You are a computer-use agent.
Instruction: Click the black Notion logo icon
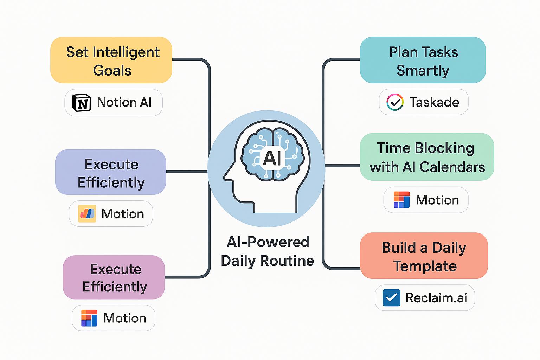pos(82,103)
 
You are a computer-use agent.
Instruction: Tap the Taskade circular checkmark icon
pos(395,102)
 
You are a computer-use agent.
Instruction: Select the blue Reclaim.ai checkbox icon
pos(392,297)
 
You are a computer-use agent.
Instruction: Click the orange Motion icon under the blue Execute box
pos(87,214)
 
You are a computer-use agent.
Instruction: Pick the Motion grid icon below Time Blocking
pos(401,200)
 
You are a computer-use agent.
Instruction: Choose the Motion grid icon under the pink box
pos(89,318)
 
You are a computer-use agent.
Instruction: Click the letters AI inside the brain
pos(272,159)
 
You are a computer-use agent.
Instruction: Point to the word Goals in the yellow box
pos(112,71)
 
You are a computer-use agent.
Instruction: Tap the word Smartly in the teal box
pos(423,71)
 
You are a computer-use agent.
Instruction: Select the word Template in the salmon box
pos(425,266)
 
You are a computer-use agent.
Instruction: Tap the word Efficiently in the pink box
pos(115,287)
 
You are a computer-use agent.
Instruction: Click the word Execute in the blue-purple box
pos(111,165)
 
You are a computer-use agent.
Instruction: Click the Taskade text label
pos(435,102)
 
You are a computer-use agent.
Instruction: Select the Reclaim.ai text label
pos(436,298)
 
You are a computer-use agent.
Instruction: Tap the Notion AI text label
pos(124,102)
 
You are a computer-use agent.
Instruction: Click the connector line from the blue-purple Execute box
pos(187,172)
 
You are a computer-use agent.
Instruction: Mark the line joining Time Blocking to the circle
pos(342,166)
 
